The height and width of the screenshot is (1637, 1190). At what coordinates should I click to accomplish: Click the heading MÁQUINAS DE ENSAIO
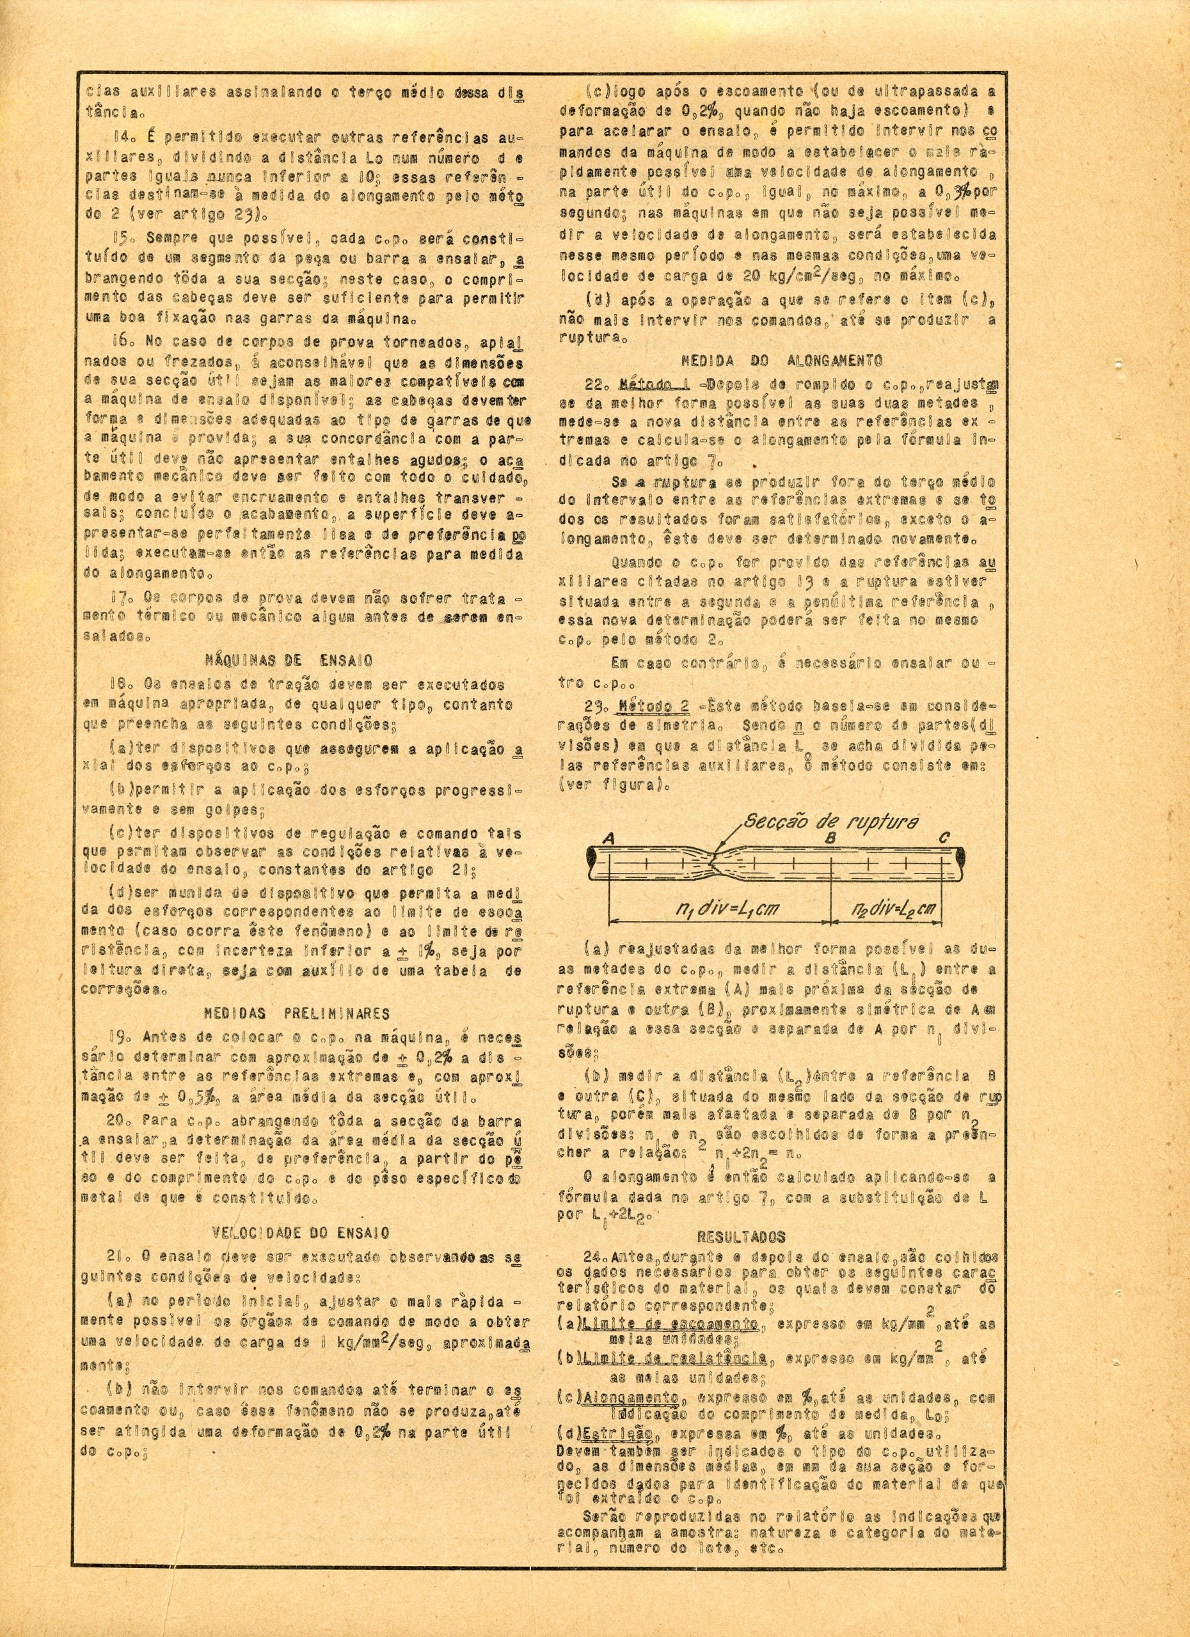click(x=289, y=659)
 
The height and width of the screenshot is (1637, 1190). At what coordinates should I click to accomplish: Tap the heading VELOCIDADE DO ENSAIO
click(x=302, y=1232)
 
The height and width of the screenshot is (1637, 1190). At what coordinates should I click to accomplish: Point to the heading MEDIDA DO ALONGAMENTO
click(x=781, y=359)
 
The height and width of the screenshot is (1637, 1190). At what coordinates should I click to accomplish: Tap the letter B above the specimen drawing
click(x=831, y=838)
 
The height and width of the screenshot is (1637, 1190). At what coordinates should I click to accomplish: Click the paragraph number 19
click(x=119, y=1037)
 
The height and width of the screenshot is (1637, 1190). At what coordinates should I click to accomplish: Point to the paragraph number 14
click(x=120, y=137)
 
